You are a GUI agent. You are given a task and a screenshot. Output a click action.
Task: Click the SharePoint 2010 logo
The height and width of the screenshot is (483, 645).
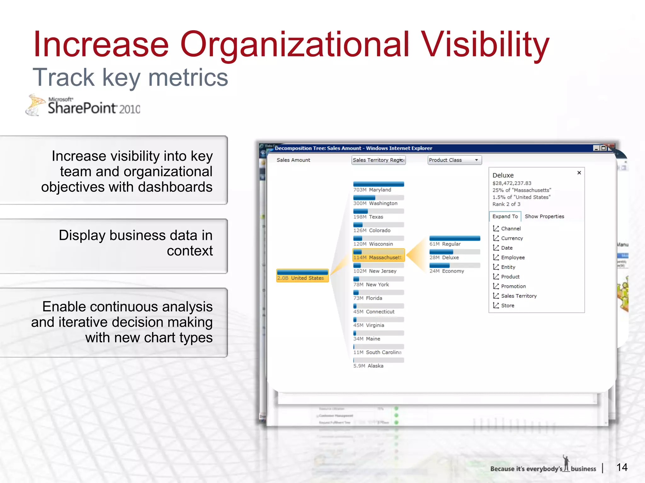click(83, 106)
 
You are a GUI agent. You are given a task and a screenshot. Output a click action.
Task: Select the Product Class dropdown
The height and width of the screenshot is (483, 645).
click(454, 160)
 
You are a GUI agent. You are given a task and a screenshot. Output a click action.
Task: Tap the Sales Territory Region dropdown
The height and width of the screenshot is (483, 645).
click(378, 160)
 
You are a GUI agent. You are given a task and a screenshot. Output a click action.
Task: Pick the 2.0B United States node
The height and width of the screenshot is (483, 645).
click(302, 276)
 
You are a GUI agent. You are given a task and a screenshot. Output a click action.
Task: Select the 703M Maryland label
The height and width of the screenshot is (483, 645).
click(372, 190)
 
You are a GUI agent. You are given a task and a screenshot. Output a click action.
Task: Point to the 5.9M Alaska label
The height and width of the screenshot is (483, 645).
click(368, 366)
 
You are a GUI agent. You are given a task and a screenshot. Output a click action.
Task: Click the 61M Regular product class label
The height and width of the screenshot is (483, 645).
click(445, 244)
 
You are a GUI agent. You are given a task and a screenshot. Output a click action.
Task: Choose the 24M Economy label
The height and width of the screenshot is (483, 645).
click(447, 271)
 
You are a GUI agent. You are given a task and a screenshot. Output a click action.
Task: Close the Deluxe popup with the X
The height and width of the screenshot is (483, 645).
click(579, 173)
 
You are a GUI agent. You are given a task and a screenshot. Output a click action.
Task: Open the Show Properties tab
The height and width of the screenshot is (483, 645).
click(544, 216)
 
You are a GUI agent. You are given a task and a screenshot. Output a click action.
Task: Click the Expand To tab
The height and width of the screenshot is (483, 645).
click(505, 216)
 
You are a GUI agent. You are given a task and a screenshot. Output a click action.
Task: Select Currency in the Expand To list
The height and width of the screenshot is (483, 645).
click(512, 238)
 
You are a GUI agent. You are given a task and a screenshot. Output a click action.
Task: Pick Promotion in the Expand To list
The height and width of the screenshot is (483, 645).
click(513, 286)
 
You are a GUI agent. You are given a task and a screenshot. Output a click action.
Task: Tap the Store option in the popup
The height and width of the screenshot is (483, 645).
click(507, 305)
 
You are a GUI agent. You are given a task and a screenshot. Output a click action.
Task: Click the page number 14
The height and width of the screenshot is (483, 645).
click(622, 467)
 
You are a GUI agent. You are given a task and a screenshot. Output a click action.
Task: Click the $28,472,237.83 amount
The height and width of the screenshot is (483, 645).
click(512, 183)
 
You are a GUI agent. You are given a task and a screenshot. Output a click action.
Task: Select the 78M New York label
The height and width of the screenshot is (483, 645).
click(371, 285)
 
